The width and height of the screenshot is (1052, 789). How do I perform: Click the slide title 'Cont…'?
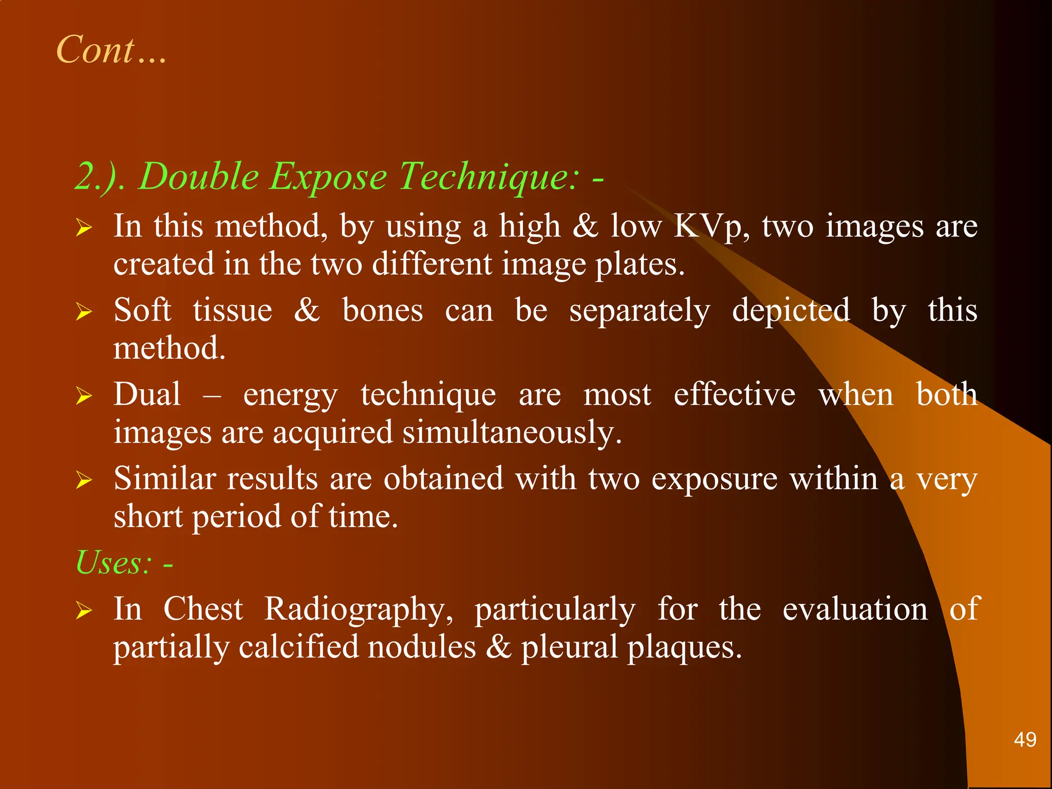[111, 50]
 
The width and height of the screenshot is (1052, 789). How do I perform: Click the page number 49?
[1025, 740]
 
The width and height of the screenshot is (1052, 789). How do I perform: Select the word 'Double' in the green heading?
[199, 176]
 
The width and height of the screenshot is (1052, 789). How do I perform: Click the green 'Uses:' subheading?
[114, 563]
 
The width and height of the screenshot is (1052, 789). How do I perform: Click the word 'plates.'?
[640, 265]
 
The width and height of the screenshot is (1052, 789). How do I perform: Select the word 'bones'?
[383, 310]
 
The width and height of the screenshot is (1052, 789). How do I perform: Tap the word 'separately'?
[640, 311]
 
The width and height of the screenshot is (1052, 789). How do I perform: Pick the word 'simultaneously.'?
[512, 433]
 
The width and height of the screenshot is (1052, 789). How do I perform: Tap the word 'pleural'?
[569, 647]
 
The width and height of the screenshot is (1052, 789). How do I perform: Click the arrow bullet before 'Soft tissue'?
[84, 311]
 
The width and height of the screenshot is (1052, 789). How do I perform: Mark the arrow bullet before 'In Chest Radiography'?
[84, 610]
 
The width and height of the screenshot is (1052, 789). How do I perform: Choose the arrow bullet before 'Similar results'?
[84, 480]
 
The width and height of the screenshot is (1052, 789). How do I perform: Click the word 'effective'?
[735, 394]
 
